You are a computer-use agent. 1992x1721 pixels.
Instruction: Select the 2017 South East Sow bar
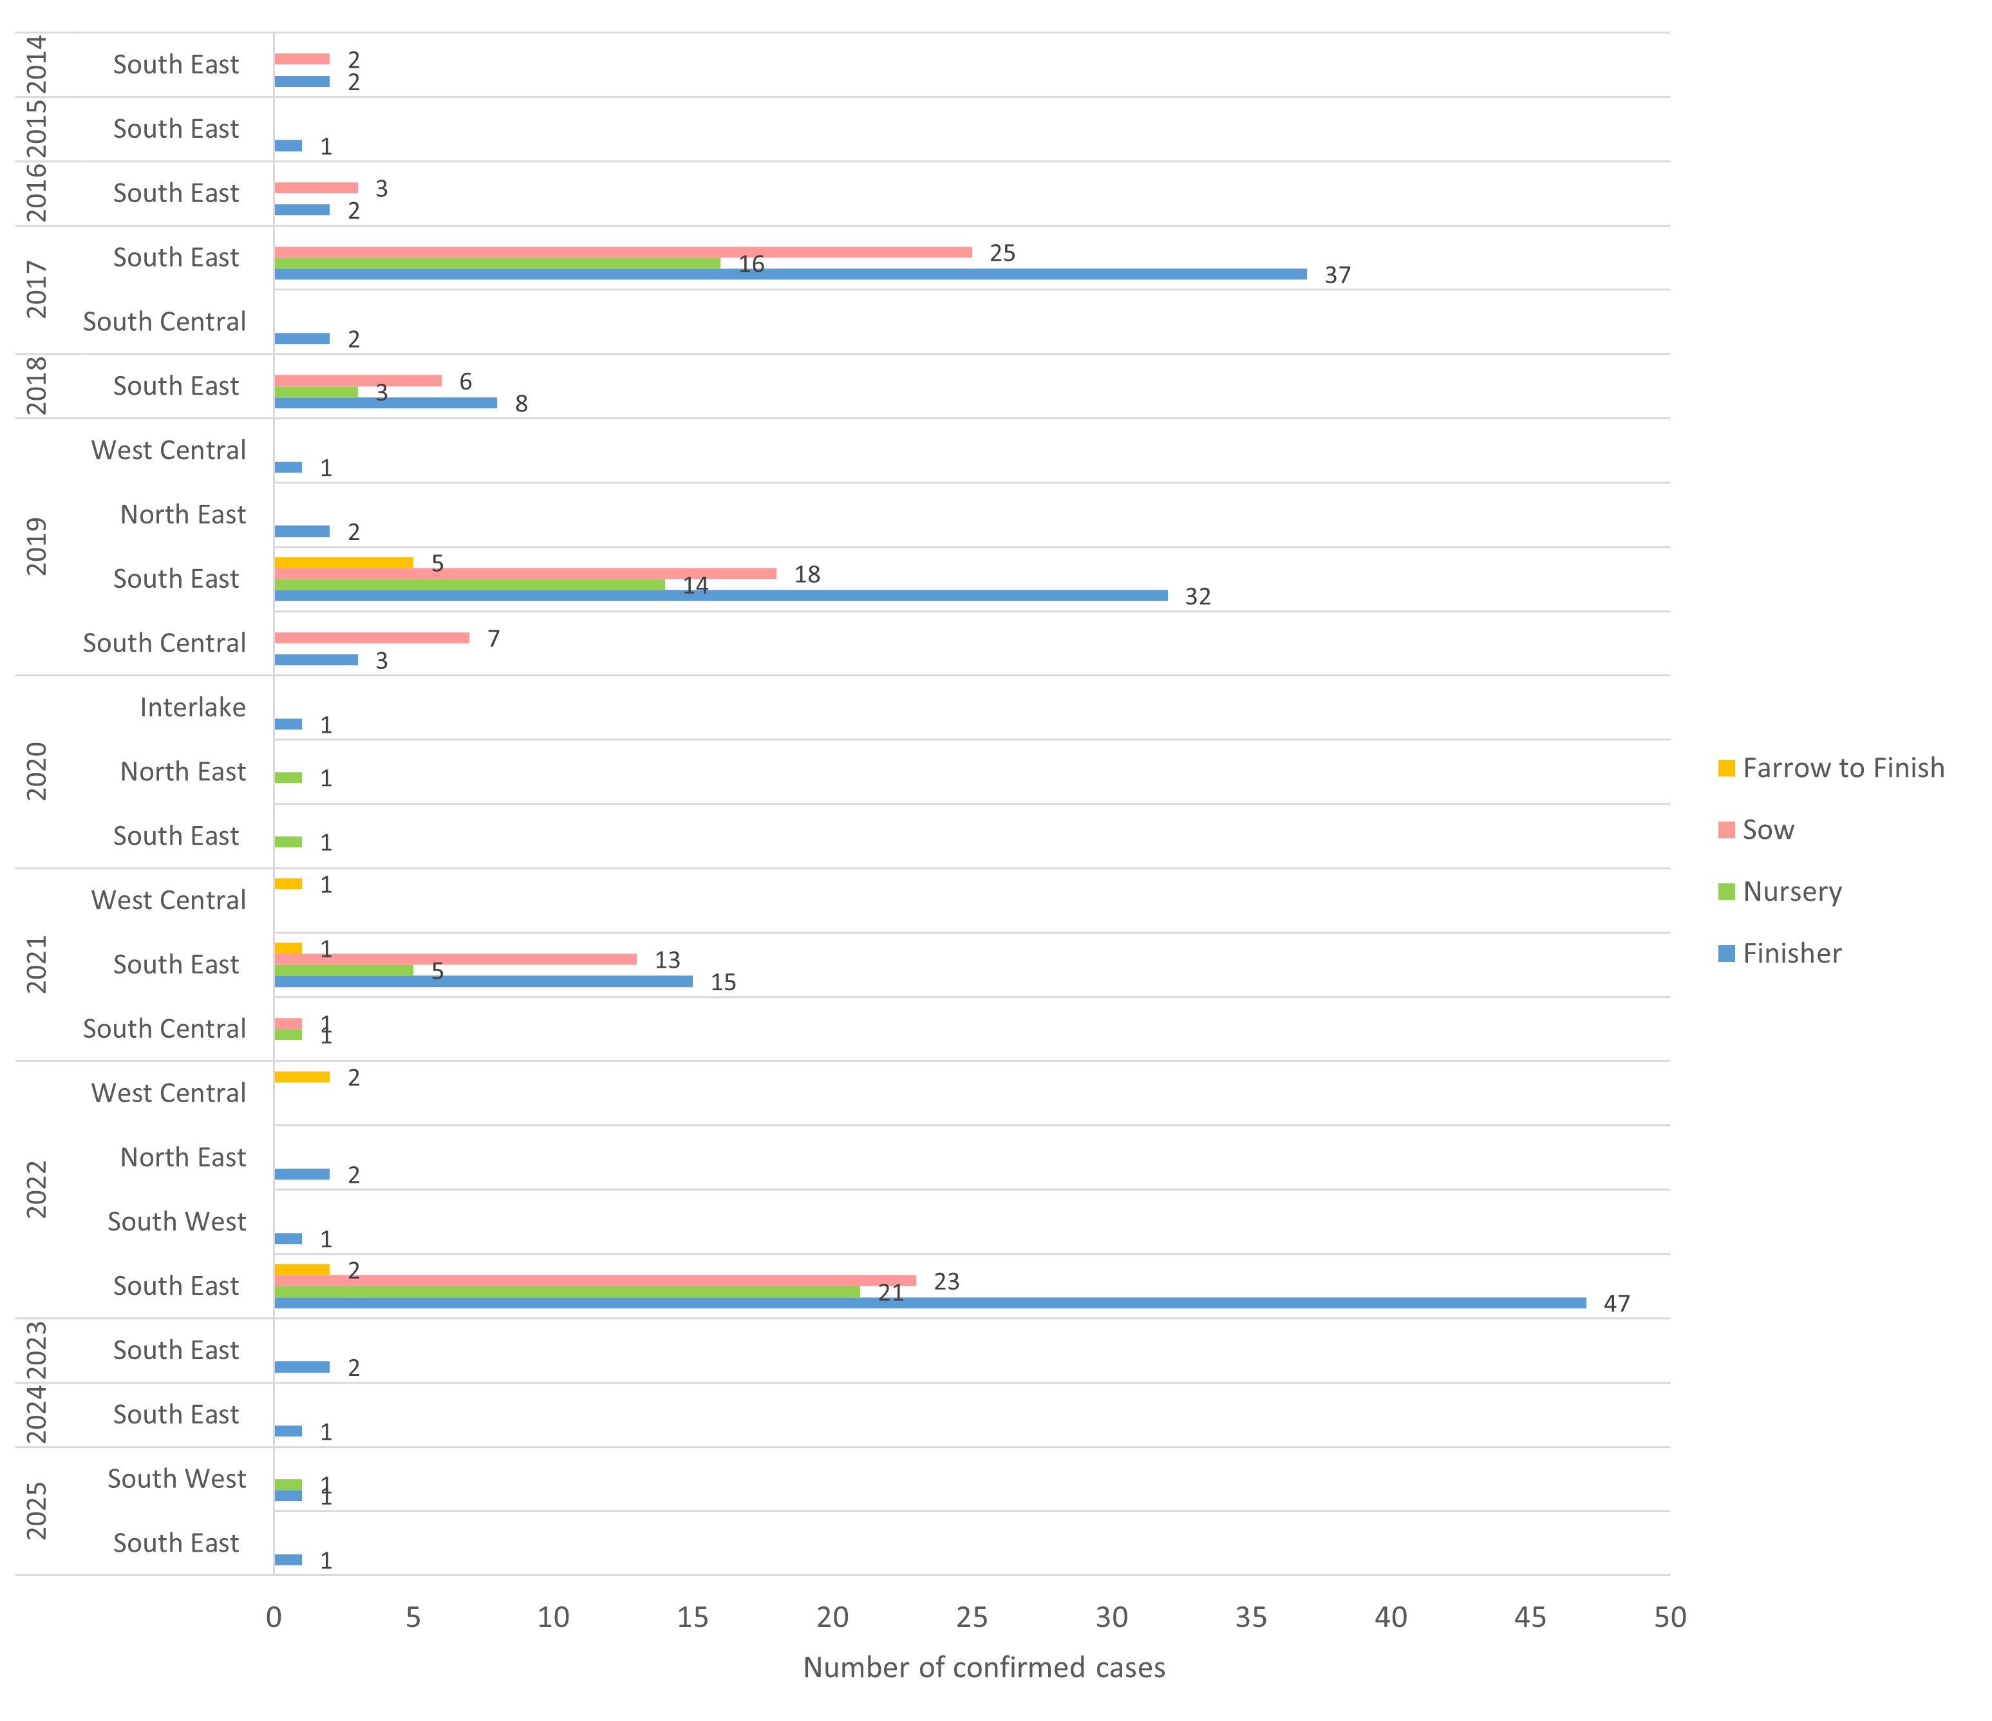pos(623,252)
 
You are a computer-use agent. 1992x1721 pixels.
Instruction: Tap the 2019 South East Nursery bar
pos(469,585)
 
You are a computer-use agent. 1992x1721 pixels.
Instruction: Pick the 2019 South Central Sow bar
pos(372,637)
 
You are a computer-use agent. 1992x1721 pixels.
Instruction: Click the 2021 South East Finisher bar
pos(484,982)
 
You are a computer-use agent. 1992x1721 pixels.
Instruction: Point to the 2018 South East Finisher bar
pos(386,403)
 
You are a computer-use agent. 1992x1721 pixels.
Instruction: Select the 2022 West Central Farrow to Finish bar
pos(302,1077)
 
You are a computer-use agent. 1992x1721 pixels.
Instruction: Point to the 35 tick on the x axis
pos(1251,1617)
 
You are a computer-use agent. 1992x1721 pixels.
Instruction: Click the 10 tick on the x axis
pos(553,1617)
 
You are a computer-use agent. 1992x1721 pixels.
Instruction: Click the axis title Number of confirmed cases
pos(984,1667)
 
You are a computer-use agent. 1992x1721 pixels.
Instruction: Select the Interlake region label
pos(193,708)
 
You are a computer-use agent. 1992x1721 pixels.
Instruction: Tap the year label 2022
pos(37,1189)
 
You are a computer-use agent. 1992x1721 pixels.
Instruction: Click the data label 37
pos(1337,276)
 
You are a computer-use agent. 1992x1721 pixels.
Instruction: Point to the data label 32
pos(1197,597)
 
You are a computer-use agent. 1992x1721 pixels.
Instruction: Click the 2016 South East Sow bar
pos(316,187)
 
